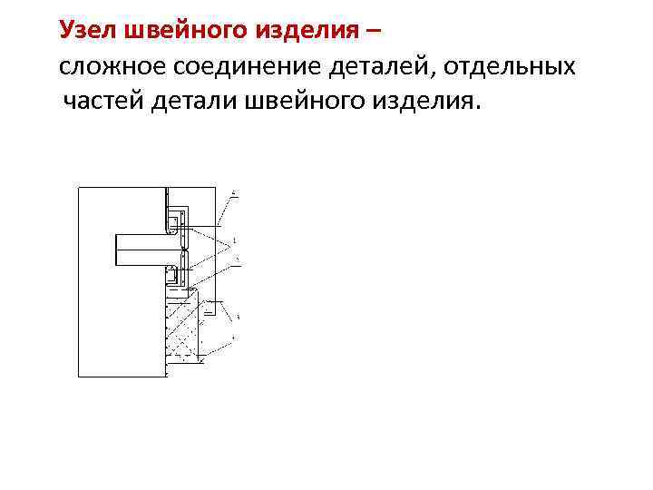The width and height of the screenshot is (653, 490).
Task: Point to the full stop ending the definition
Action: click(473, 107)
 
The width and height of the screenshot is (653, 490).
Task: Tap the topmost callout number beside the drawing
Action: click(235, 193)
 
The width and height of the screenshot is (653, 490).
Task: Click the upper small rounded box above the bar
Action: click(171, 220)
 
